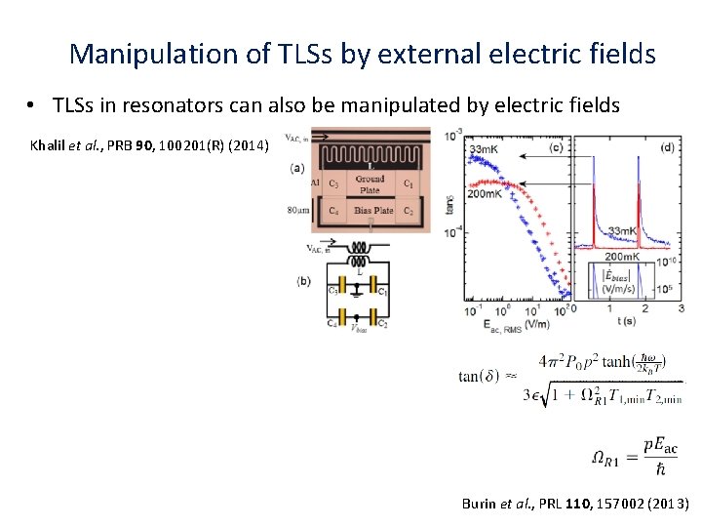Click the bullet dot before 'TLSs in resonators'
(x=33, y=105)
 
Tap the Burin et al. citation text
(x=575, y=504)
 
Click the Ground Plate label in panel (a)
(x=370, y=184)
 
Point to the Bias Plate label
(x=373, y=211)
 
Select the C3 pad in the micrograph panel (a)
(x=333, y=182)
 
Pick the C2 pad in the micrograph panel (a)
(x=408, y=211)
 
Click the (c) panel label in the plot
(x=555, y=148)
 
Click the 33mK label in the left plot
(x=487, y=149)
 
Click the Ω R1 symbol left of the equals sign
(x=605, y=459)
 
